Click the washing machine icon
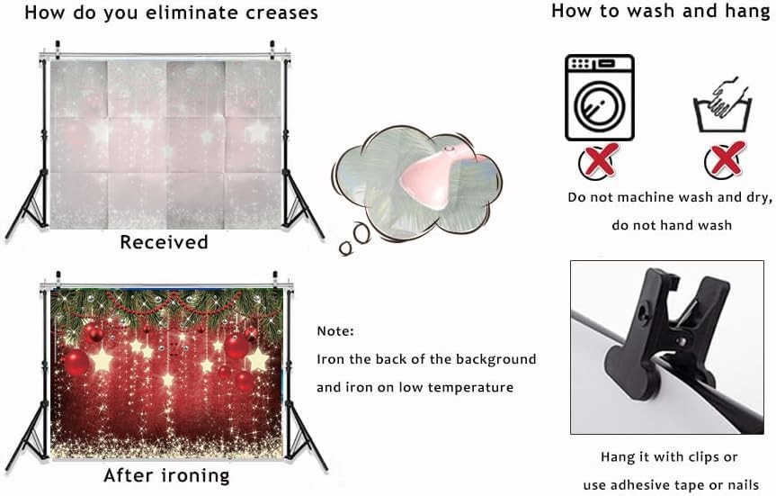click(x=600, y=97)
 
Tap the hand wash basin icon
click(x=723, y=105)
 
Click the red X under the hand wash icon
click(x=726, y=159)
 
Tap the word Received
click(x=164, y=242)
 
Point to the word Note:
click(x=335, y=331)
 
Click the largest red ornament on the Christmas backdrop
click(x=76, y=362)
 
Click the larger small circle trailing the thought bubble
click(x=361, y=233)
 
